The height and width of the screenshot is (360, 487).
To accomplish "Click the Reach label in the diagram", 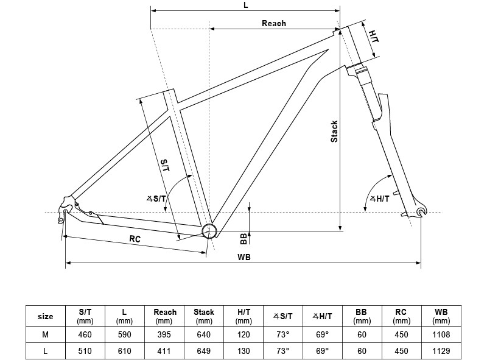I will [273, 23].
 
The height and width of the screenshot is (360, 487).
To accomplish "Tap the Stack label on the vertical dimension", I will [334, 132].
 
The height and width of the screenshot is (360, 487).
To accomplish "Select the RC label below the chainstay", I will [135, 239].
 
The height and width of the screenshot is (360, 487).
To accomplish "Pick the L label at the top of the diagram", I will [245, 5].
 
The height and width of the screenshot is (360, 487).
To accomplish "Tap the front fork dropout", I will [421, 211].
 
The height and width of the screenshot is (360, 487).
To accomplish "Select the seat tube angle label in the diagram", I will [157, 198].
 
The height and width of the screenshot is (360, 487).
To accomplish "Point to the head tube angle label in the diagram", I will [380, 198].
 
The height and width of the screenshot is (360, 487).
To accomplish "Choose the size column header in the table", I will [45, 316].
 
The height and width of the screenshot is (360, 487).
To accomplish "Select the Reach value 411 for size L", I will [164, 351].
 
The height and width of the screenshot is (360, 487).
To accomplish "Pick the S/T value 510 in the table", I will [85, 351].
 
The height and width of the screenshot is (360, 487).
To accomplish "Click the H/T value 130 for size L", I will [243, 351].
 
